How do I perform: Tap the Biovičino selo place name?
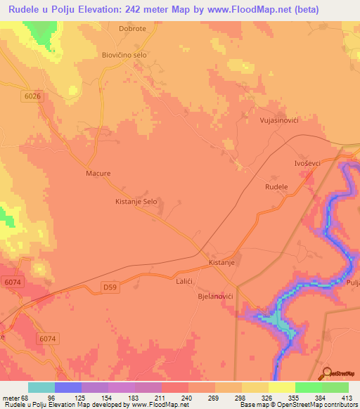[129, 55]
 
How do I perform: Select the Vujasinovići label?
[279, 121]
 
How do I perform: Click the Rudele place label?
[276, 186]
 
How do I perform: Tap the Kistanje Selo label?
[136, 202]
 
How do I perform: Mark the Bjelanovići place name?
[214, 297]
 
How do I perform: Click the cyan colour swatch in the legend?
[41, 387]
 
